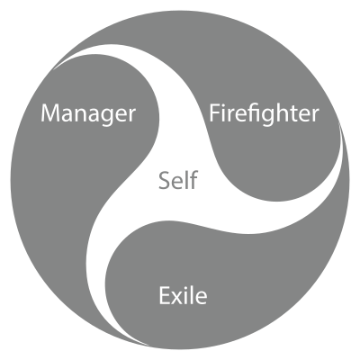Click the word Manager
tap(88, 114)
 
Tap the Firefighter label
tap(264, 113)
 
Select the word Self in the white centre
tap(178, 180)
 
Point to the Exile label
tap(183, 295)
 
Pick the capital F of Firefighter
tap(214, 112)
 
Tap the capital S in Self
tap(164, 181)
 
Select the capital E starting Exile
tap(164, 295)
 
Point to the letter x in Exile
tap(176, 298)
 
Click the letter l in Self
tap(187, 180)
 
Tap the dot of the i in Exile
tap(187, 287)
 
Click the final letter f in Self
tap(193, 180)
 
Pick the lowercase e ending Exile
tap(202, 298)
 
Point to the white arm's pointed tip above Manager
tap(54, 70)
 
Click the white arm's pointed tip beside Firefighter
tap(340, 123)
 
